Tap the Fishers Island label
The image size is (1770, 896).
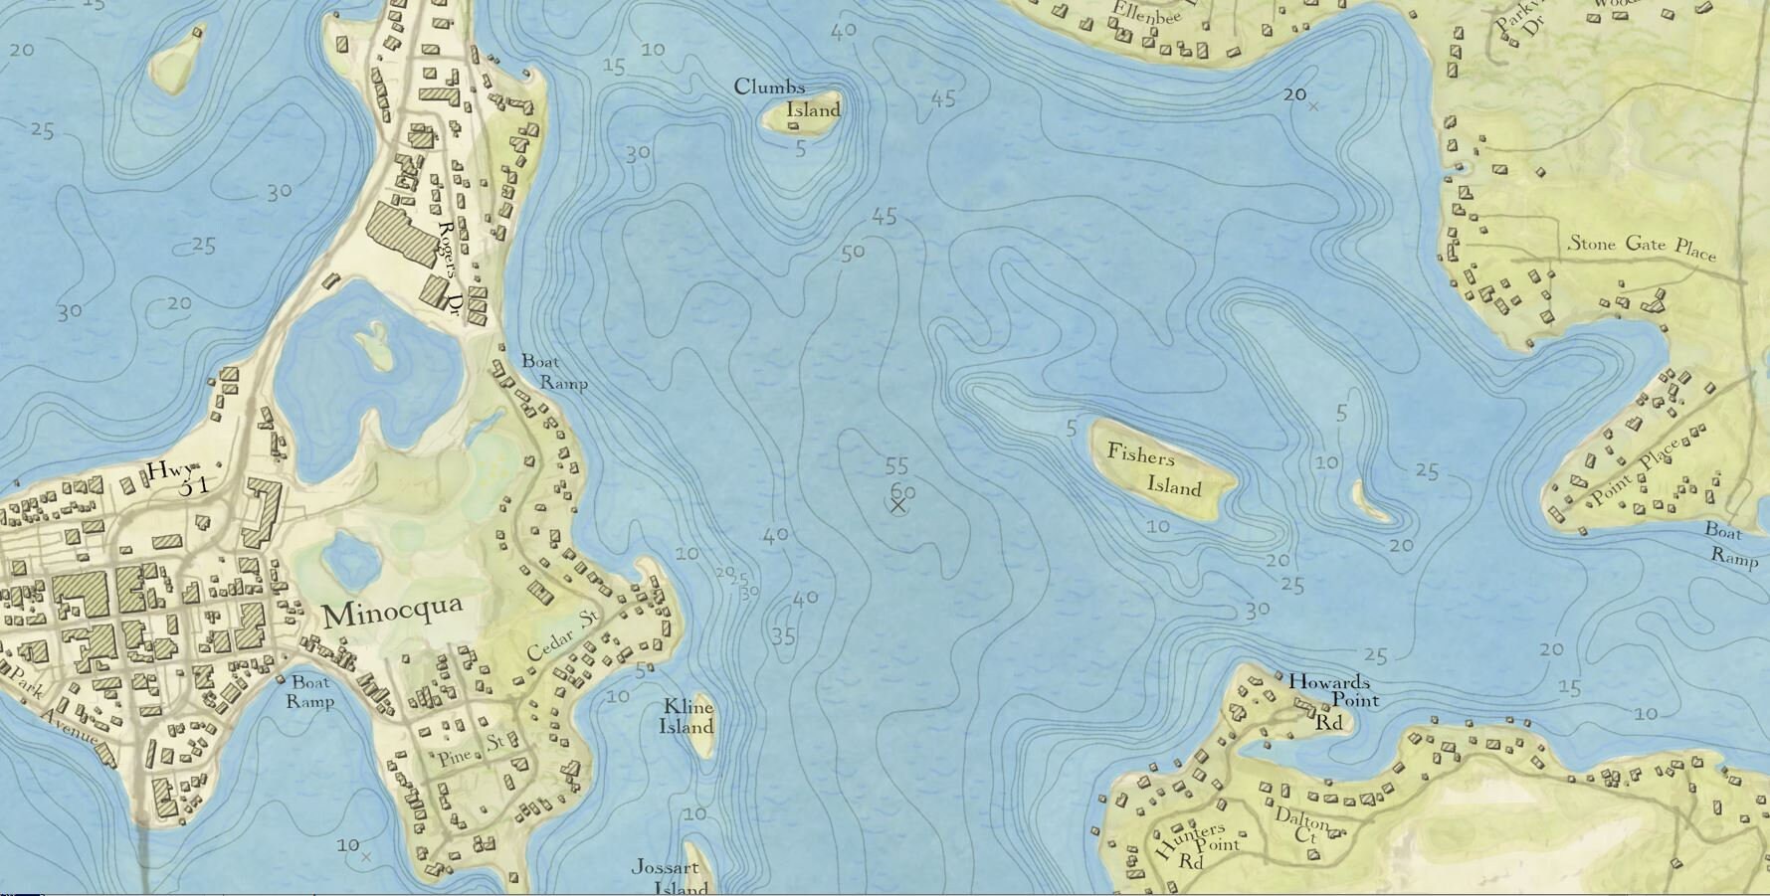coord(1154,470)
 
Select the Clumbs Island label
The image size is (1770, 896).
coord(787,98)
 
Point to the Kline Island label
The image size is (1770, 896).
coord(687,716)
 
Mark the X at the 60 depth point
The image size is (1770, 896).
coord(897,506)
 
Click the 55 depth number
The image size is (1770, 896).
coord(896,465)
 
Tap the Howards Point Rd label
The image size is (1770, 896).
coord(1331,701)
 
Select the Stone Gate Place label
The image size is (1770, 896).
coord(1642,246)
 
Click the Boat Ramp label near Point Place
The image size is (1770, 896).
coord(1731,544)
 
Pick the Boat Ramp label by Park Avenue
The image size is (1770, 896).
coord(310,691)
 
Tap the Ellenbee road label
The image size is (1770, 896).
coord(1132,14)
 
